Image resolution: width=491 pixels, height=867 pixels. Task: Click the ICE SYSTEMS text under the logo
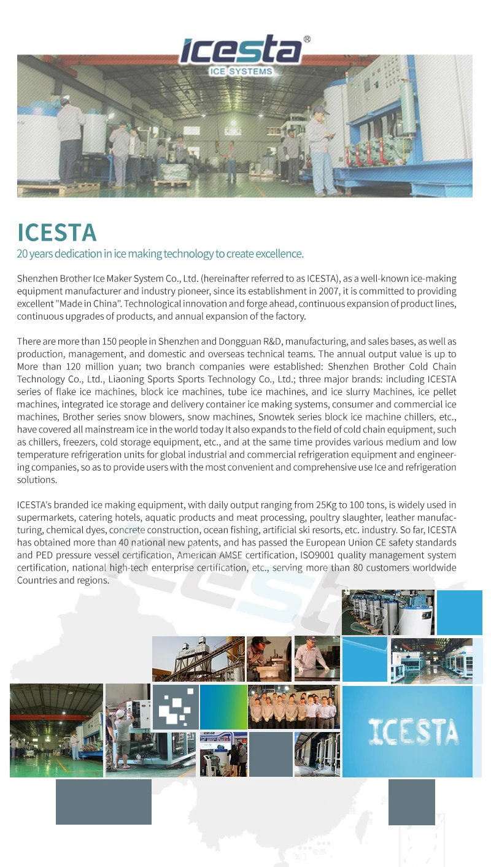click(241, 72)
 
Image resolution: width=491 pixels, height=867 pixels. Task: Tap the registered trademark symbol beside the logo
click(307, 39)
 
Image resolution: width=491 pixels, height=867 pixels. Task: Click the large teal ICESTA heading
click(57, 233)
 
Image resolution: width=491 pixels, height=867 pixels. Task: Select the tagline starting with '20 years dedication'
click(160, 254)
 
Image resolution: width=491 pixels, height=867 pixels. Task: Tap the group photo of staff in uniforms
click(293, 707)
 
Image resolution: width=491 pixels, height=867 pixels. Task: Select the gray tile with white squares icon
click(175, 707)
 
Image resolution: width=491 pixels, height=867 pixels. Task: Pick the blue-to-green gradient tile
click(223, 707)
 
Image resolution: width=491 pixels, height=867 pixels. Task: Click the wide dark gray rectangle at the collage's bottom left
click(104, 801)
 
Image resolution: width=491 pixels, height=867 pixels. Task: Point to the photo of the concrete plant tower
click(198, 659)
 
